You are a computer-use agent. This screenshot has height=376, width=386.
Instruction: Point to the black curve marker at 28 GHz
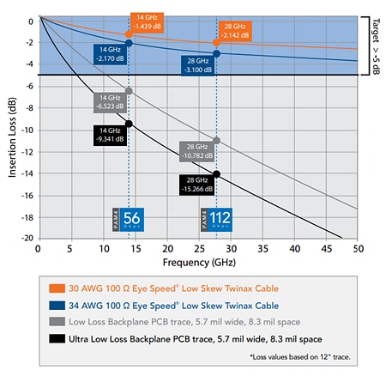point(216,173)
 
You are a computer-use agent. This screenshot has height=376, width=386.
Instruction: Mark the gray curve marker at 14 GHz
point(129,91)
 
